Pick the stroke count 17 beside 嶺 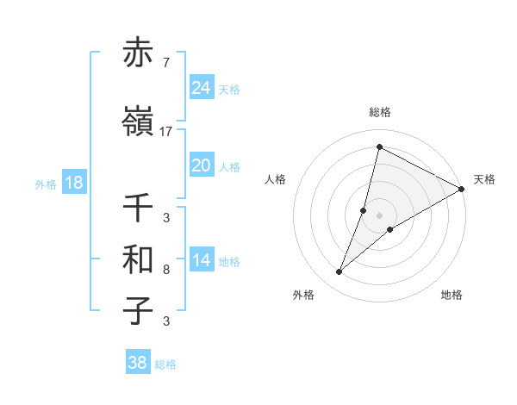(x=166, y=131)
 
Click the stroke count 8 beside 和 (x=166, y=270)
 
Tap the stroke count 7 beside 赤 (x=166, y=62)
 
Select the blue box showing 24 (x=202, y=87)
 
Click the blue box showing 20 (x=202, y=165)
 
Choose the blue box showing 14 (x=202, y=260)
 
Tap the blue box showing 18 (x=73, y=183)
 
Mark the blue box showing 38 (x=138, y=363)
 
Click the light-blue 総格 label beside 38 (x=165, y=364)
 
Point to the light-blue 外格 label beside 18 (x=46, y=184)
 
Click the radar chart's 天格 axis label (x=484, y=179)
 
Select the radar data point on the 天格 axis (x=461, y=189)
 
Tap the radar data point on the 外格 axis (x=339, y=272)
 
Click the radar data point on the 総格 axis (x=379, y=146)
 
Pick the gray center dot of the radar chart (x=379, y=215)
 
